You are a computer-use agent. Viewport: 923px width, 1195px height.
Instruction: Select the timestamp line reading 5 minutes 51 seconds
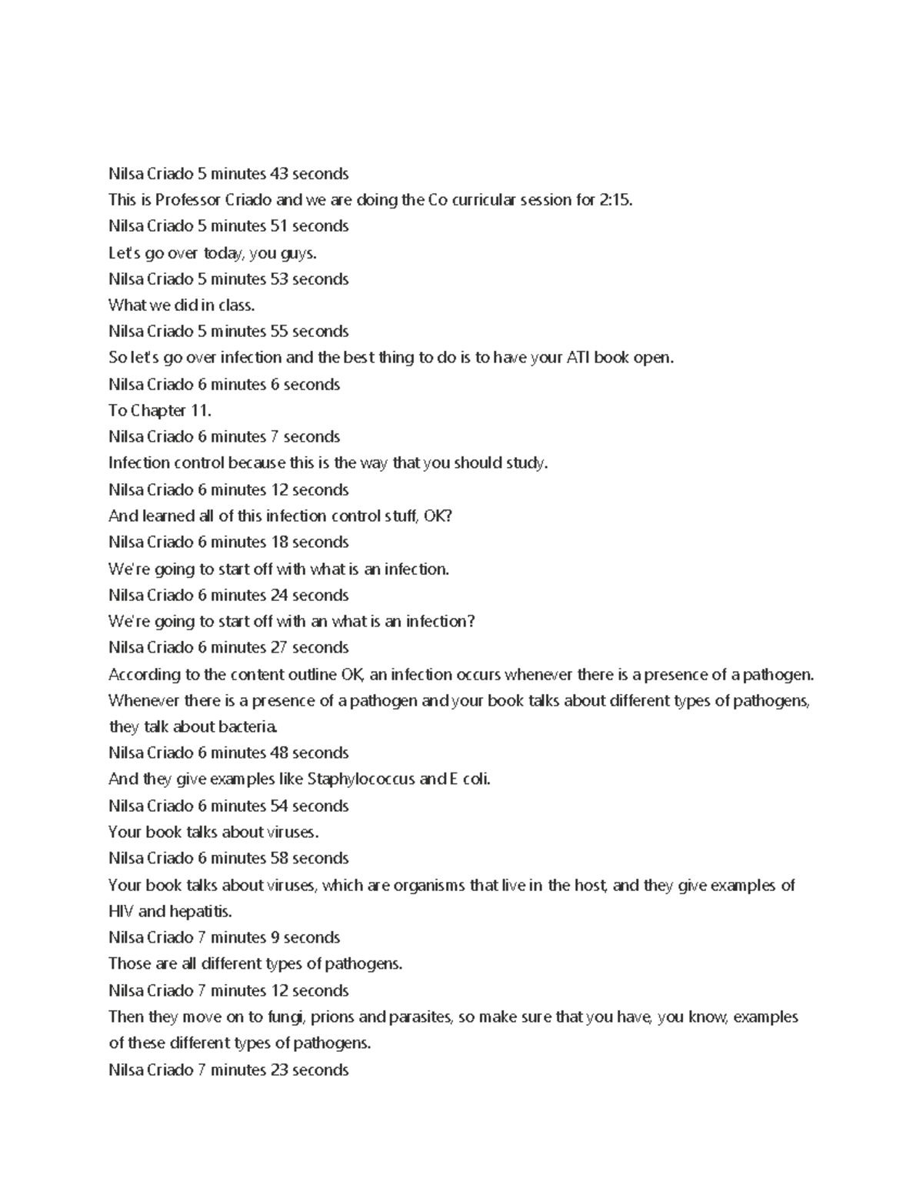tap(228, 226)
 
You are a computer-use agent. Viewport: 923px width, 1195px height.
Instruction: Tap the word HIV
tap(122, 912)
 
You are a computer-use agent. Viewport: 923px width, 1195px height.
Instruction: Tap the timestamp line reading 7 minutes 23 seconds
tap(228, 1070)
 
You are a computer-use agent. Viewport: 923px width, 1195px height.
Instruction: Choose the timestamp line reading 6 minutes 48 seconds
tap(228, 753)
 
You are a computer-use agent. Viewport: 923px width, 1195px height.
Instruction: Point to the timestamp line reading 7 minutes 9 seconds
tap(224, 938)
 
